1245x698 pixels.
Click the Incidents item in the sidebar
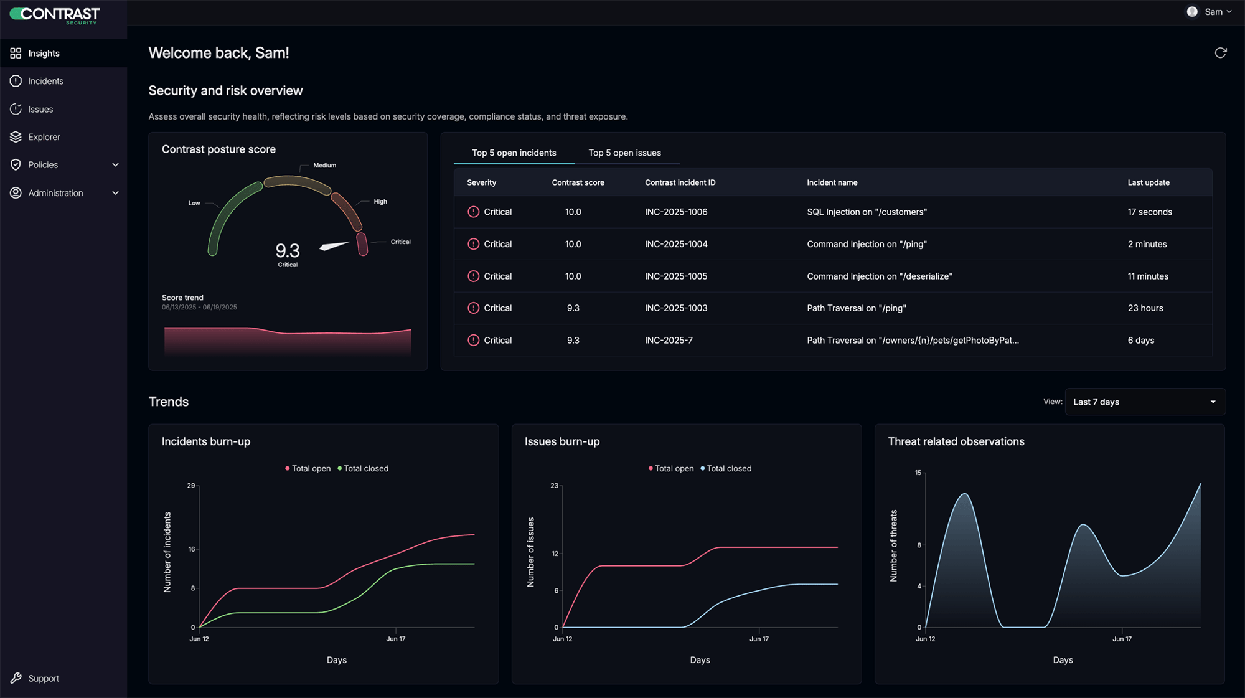[x=45, y=81]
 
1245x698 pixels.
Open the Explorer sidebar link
[x=44, y=137]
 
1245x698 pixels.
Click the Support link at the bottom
[x=43, y=678]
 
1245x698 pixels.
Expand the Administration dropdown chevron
[x=115, y=193]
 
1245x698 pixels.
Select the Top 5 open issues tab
[x=624, y=153]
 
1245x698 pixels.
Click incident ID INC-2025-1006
[x=676, y=212]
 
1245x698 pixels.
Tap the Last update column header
[x=1148, y=182]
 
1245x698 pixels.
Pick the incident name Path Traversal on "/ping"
[x=856, y=308]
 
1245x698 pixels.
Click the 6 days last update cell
[x=1140, y=340]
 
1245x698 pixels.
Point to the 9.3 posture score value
[x=288, y=250]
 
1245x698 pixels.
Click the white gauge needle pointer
[x=334, y=246]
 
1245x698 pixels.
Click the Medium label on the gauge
[x=324, y=166]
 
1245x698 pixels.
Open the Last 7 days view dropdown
[x=1145, y=402]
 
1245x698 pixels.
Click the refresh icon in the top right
[x=1220, y=53]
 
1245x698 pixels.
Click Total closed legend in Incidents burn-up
[x=365, y=468]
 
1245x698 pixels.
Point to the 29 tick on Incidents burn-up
[x=191, y=486]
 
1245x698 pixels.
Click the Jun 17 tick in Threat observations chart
[x=1122, y=639]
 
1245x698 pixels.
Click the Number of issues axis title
[x=530, y=552]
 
